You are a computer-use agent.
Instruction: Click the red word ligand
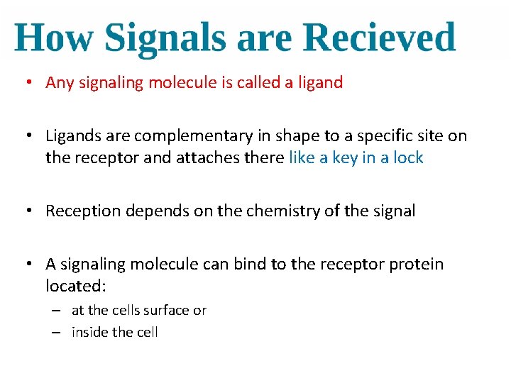pyautogui.click(x=320, y=83)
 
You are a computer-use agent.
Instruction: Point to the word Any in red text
pyautogui.click(x=60, y=83)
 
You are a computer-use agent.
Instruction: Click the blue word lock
pyautogui.click(x=408, y=157)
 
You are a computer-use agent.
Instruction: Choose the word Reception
pyautogui.click(x=79, y=211)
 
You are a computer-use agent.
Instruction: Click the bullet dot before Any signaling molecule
pyautogui.click(x=26, y=83)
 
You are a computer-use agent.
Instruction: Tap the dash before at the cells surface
pyautogui.click(x=55, y=311)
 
